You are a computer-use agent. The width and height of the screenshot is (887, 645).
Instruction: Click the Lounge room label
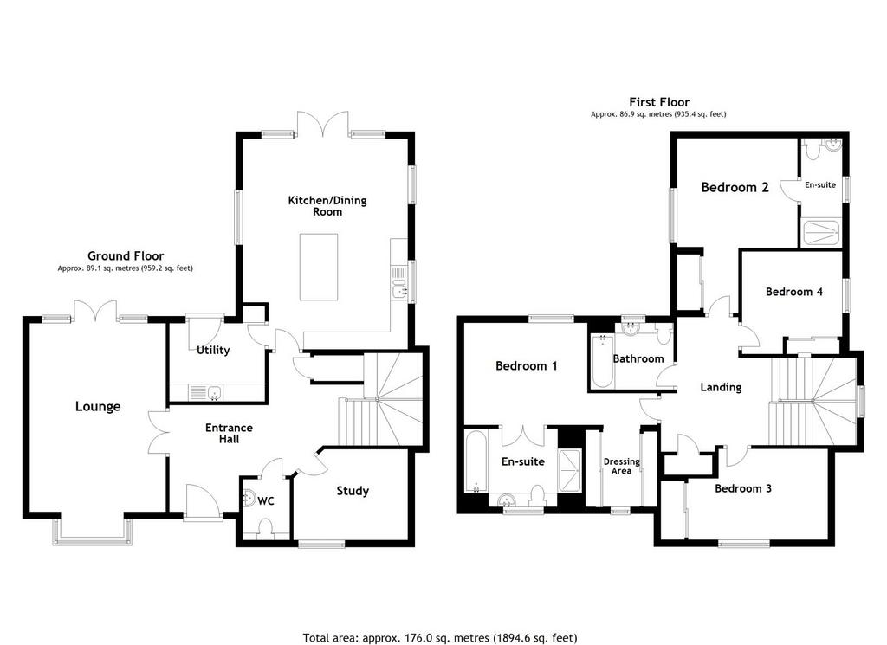pyautogui.click(x=98, y=406)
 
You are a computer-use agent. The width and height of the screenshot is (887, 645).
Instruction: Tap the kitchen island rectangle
pyautogui.click(x=319, y=267)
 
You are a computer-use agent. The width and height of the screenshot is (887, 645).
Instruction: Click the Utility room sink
pyautogui.click(x=206, y=391)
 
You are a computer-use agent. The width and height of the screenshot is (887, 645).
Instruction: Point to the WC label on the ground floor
pyautogui.click(x=266, y=501)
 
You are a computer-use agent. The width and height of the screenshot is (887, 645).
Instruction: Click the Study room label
pyautogui.click(x=353, y=491)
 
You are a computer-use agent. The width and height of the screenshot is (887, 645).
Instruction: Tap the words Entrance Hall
pyautogui.click(x=229, y=433)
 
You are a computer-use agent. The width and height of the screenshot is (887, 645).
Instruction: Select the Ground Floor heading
pyautogui.click(x=126, y=256)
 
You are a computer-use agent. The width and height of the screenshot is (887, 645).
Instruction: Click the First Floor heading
pyautogui.click(x=659, y=102)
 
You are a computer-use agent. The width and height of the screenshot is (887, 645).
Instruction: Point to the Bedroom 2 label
pyautogui.click(x=735, y=187)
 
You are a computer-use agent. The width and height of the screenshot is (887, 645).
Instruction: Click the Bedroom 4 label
pyautogui.click(x=793, y=292)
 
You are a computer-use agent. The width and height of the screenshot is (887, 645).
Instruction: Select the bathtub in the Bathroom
pyautogui.click(x=602, y=361)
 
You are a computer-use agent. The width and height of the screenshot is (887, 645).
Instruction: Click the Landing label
pyautogui.click(x=721, y=387)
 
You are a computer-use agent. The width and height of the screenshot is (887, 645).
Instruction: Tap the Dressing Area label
pyautogui.click(x=622, y=466)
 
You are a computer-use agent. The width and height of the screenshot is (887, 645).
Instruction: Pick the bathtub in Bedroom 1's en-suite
pyautogui.click(x=476, y=461)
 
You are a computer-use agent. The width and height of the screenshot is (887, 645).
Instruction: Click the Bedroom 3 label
pyautogui.click(x=742, y=488)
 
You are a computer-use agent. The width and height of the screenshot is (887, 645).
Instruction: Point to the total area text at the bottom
pyautogui.click(x=440, y=638)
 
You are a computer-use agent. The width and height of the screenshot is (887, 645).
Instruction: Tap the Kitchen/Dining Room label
pyautogui.click(x=327, y=206)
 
